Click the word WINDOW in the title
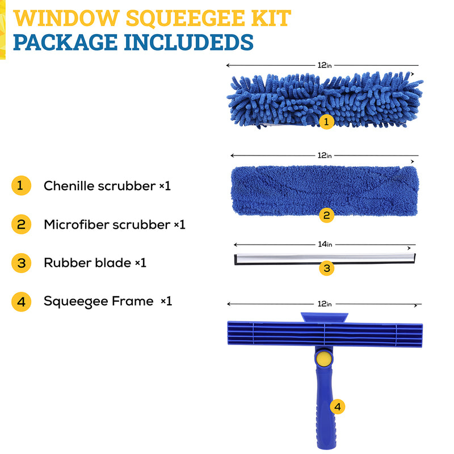tap(66, 19)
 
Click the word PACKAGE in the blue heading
tap(65, 42)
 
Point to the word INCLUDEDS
tap(189, 42)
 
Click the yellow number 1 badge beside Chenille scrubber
tap(21, 186)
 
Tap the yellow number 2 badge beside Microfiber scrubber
tap(21, 224)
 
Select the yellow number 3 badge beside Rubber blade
tap(21, 263)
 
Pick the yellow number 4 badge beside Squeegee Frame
tap(21, 302)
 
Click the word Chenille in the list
tap(69, 186)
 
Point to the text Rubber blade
tap(87, 263)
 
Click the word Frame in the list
tap(133, 301)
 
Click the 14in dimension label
tap(325, 245)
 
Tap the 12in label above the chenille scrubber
tap(325, 65)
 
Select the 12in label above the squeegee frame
tap(325, 304)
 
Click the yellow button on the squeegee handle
tap(324, 359)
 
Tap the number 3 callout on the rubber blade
tap(327, 268)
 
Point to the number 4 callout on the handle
tap(338, 407)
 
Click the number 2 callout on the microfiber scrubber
tap(327, 216)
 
